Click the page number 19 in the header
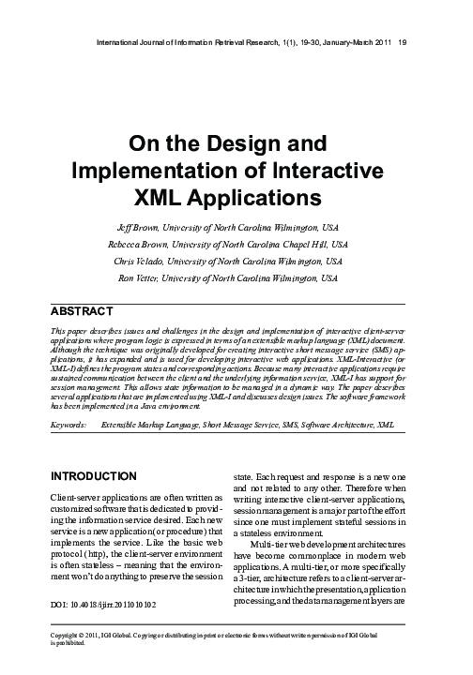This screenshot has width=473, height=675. (x=402, y=41)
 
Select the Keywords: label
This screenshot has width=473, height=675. (x=68, y=425)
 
